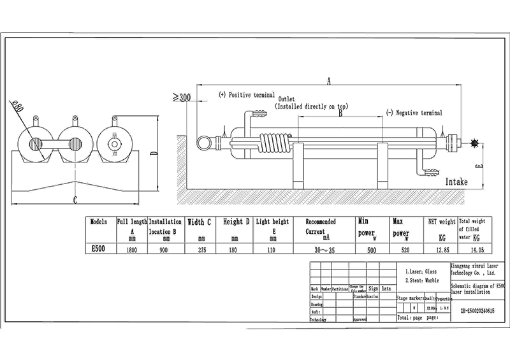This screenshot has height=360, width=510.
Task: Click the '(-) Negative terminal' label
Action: click(414, 112)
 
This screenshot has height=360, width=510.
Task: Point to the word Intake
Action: click(456, 182)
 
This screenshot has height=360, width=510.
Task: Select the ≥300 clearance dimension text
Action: click(182, 97)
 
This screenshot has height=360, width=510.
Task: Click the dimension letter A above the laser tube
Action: click(329, 80)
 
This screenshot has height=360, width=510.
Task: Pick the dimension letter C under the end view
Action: click(75, 200)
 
